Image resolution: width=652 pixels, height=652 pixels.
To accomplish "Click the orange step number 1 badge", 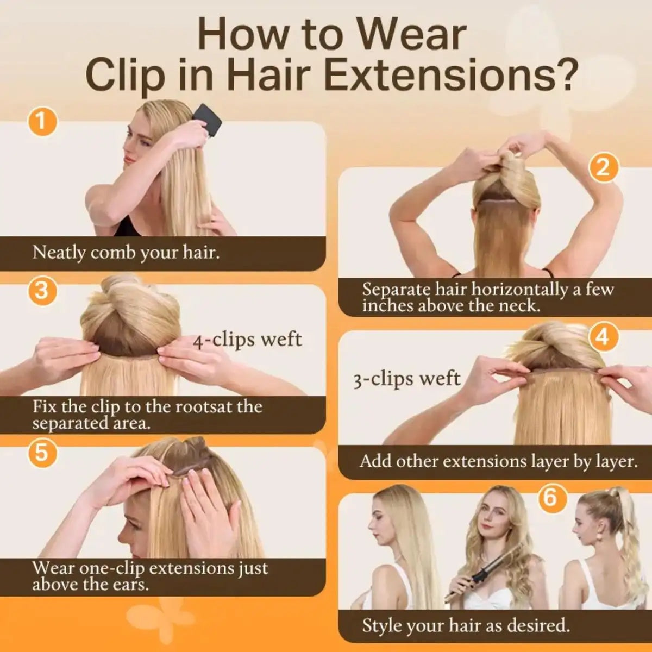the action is (42, 122).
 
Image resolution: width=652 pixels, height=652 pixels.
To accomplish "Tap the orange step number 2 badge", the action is (603, 168).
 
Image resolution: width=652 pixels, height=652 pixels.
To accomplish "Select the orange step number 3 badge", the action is (42, 290).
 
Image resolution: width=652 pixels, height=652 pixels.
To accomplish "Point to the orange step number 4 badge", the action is (603, 337).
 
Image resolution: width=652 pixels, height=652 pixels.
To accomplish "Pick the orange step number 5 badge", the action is (42, 453).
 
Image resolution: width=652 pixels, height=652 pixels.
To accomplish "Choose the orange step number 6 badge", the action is (552, 498).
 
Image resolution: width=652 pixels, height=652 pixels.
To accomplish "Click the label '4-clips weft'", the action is (247, 340).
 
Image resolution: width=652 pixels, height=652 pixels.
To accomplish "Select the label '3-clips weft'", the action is (407, 379).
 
